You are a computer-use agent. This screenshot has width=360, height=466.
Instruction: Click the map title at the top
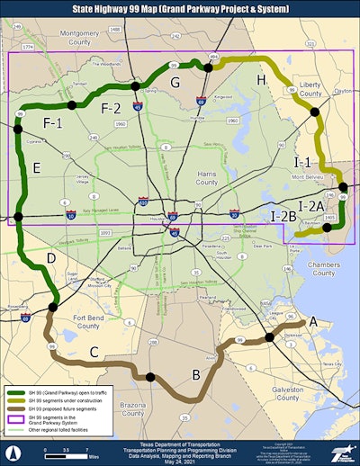click(x=180, y=8)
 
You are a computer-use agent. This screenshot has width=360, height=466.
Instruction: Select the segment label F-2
click(x=111, y=109)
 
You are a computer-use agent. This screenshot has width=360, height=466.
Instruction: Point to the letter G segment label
click(x=175, y=84)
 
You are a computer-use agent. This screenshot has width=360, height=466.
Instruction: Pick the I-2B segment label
click(x=283, y=216)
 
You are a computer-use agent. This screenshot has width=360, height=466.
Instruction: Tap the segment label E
click(x=36, y=168)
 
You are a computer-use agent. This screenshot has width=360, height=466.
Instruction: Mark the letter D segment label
click(x=51, y=259)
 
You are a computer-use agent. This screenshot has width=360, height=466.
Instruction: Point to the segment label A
click(x=312, y=321)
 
